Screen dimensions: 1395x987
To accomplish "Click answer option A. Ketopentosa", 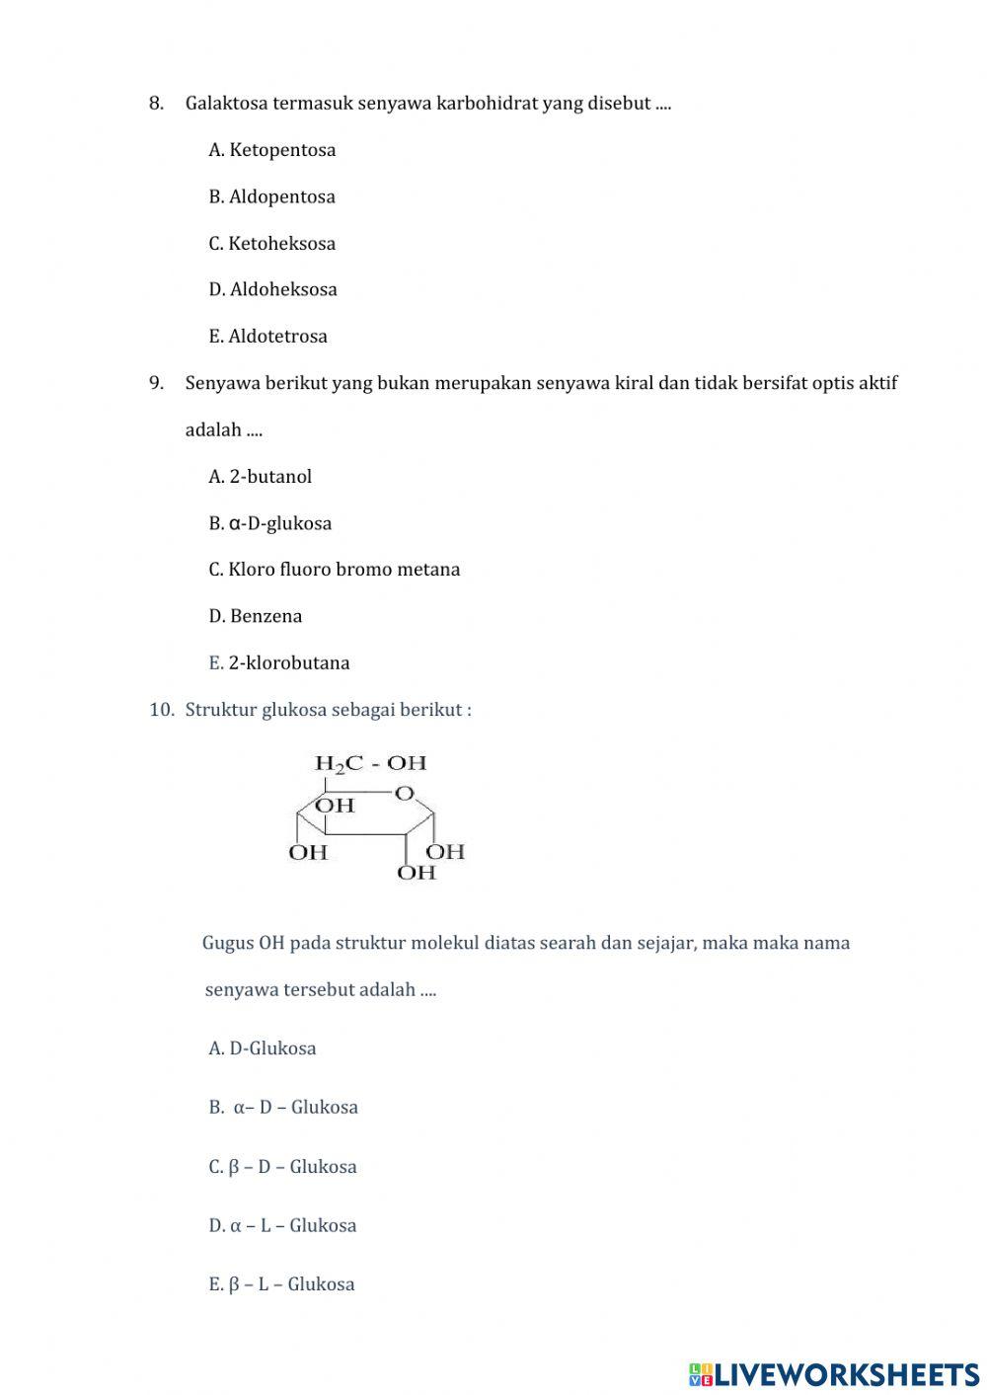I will [272, 150].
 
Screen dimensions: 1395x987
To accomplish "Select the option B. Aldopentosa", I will [272, 196].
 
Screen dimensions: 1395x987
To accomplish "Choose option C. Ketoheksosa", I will [272, 243].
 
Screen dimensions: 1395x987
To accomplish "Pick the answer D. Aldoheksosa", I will [273, 289].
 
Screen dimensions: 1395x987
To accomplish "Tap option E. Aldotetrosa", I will [268, 336].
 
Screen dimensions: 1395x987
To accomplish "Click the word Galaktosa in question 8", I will [226, 103].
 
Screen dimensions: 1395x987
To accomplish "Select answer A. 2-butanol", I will [261, 476].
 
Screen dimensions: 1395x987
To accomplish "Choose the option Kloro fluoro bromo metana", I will [335, 569].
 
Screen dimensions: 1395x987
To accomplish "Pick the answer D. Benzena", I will [256, 616].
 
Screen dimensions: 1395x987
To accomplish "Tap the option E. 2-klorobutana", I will [279, 662].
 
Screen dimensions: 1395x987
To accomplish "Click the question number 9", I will [156, 383].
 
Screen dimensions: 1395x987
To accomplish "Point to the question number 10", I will [161, 710].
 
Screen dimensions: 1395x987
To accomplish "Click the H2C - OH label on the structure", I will [370, 763].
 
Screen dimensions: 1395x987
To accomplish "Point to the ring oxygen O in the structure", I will [404, 793].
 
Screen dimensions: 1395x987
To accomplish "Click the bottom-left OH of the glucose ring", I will [308, 852].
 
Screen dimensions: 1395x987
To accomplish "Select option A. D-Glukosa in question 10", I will [263, 1048].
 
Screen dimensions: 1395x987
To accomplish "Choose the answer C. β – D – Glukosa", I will [283, 1167].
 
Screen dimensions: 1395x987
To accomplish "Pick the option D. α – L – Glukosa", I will [283, 1225].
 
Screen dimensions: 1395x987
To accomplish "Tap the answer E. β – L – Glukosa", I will [282, 1284].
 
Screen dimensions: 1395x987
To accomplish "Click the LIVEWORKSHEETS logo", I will [834, 1373].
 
